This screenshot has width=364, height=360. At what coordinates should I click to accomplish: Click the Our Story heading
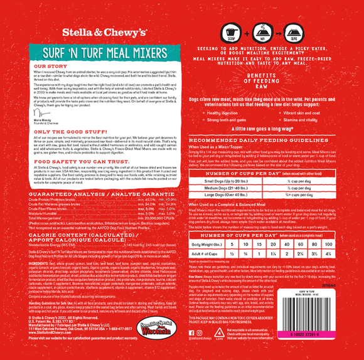50,65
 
